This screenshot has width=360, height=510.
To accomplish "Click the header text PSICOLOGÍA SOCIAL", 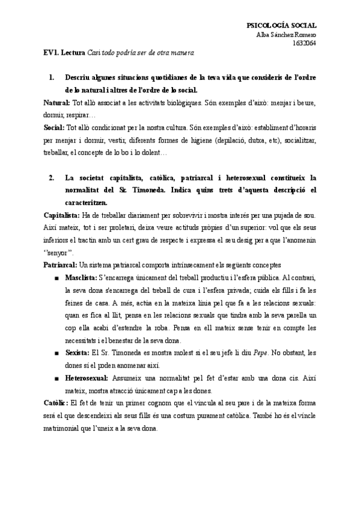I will (281, 25).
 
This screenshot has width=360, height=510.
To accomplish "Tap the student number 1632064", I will (304, 43).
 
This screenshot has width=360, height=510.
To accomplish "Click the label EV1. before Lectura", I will (51, 54).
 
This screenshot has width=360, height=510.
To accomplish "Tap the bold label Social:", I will (55, 128).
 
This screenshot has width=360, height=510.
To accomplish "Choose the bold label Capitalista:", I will (63, 215).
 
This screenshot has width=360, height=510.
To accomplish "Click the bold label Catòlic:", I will (57, 402).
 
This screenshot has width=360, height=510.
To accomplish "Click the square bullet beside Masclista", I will (56, 278).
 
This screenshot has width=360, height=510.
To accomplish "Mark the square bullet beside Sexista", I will (56, 353).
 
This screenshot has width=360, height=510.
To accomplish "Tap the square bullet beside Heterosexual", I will (56, 378).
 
